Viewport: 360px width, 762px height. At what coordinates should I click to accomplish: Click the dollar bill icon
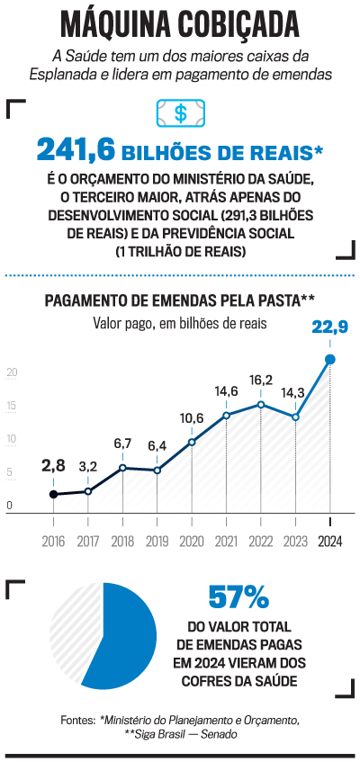point(181,113)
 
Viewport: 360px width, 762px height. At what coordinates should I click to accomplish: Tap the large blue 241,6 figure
point(76,150)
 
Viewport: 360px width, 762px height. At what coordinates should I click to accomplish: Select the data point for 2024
point(330,359)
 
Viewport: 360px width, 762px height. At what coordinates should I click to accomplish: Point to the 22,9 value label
point(329,328)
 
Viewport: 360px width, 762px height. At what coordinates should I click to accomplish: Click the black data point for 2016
point(53,494)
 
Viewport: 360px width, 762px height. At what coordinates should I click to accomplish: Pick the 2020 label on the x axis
point(192,542)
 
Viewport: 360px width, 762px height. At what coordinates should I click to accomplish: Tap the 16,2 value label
point(261,380)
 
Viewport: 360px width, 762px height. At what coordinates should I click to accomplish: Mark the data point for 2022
point(261,404)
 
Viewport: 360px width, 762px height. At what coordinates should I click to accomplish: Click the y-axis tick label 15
point(12,407)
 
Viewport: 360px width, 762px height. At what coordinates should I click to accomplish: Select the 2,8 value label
point(53,466)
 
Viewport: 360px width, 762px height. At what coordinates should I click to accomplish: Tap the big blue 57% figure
point(238,596)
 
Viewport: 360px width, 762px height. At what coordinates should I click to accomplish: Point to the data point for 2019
point(157,471)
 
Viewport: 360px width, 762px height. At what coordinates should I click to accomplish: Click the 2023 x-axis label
point(295,542)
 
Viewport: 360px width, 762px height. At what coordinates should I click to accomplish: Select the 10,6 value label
point(192,417)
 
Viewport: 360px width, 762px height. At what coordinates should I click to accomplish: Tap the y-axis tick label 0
point(9,506)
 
